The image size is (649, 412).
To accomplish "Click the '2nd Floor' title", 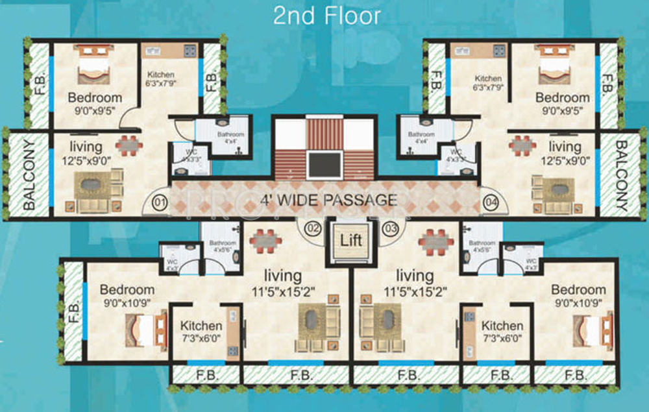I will (326, 15).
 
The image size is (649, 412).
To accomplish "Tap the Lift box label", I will (350, 239).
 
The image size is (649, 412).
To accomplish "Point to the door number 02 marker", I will (313, 228).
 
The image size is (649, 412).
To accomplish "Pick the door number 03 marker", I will (390, 228).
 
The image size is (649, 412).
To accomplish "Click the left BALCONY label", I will (29, 175).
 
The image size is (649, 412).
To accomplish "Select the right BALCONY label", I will (622, 175).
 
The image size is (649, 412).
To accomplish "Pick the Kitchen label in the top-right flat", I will (487, 78).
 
